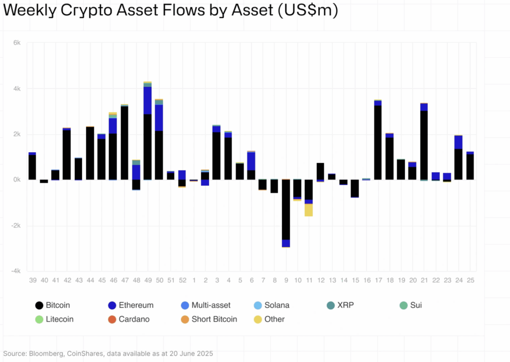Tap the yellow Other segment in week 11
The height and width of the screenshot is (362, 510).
(309, 210)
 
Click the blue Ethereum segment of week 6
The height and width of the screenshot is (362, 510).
(251, 161)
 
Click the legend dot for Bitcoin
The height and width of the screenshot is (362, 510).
(39, 305)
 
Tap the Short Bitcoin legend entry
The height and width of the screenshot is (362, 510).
(214, 319)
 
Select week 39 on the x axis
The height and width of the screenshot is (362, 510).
(32, 281)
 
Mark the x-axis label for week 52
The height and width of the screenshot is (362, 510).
(182, 281)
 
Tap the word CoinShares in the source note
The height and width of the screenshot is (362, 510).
(82, 354)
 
